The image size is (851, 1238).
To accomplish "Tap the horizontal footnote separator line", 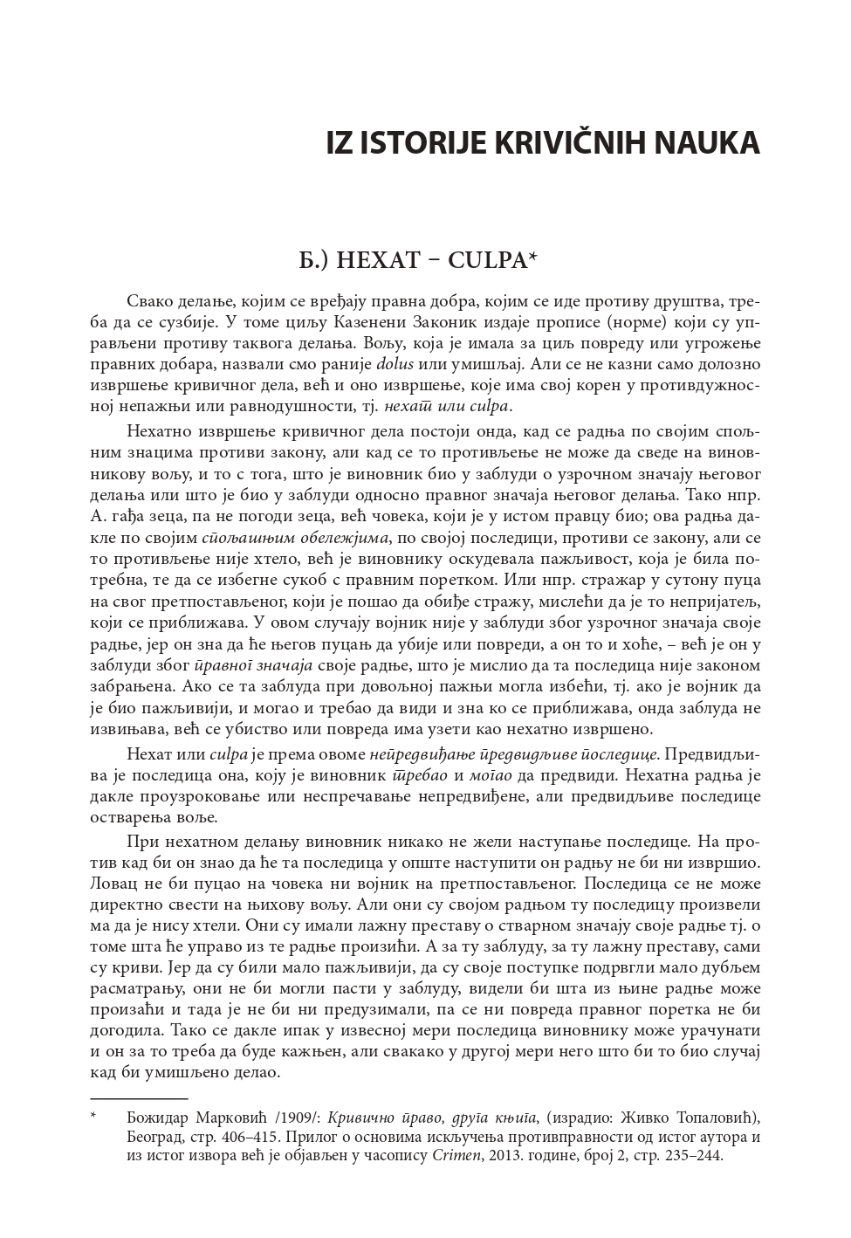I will click(x=139, y=1097).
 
